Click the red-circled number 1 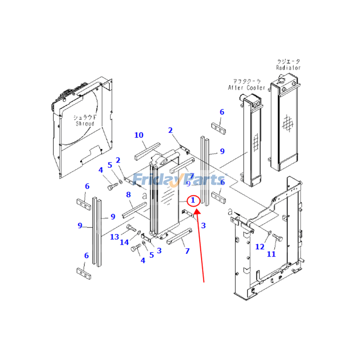click(193, 200)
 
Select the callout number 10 click(139, 135)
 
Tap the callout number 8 click(128, 195)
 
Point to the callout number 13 click(115, 237)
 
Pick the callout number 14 click(125, 243)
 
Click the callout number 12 click(260, 247)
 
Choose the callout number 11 click(271, 254)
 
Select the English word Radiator click(288, 67)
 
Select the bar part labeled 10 click(147, 151)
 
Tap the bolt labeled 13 click(131, 229)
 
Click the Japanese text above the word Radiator click(288, 61)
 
